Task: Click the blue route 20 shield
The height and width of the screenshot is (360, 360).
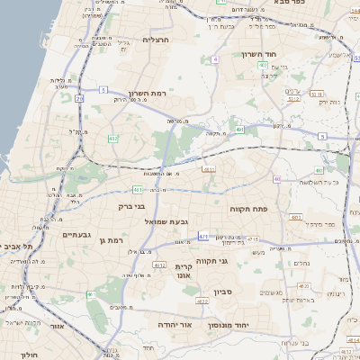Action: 79,97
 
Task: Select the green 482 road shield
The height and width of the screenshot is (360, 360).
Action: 112,138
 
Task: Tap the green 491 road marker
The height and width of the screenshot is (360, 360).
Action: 239,130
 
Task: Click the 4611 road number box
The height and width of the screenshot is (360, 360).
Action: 209,168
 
